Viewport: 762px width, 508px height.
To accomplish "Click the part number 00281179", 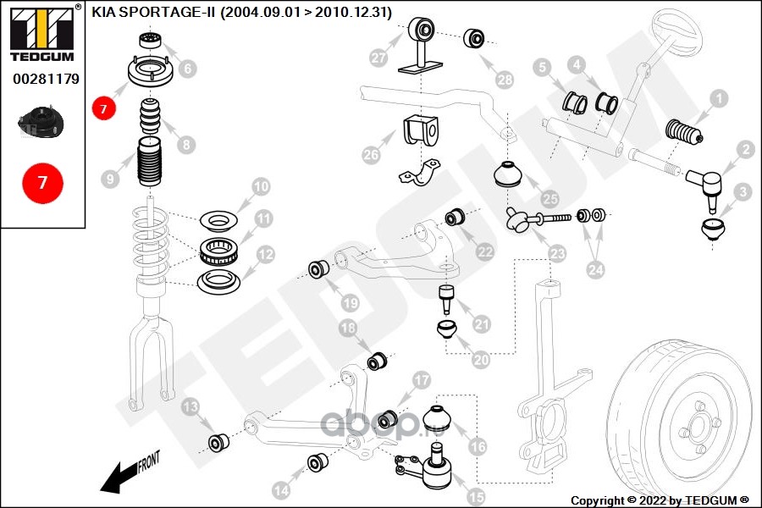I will pyautogui.click(x=46, y=79).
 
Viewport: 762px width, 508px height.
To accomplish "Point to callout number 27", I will pyautogui.click(x=378, y=58).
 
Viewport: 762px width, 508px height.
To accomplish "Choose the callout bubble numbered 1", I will pyautogui.click(x=718, y=100).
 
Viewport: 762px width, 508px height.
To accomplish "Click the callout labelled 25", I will pyautogui.click(x=550, y=200).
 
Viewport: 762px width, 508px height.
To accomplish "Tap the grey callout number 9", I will pyautogui.click(x=110, y=179).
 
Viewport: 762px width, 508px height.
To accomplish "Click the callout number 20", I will pyautogui.click(x=480, y=359).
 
